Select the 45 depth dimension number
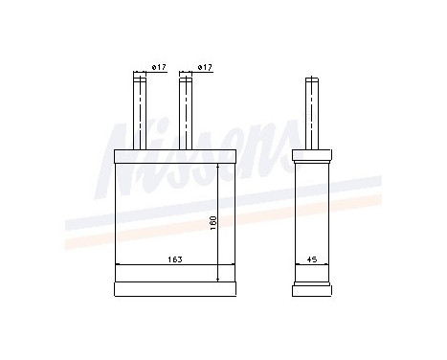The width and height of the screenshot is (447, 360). (312, 258)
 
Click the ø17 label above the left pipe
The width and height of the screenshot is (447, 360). (160, 67)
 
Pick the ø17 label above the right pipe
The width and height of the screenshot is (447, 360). (204, 67)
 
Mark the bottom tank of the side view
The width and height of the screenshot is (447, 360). (312, 286)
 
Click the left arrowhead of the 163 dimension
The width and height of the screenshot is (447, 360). (118, 264)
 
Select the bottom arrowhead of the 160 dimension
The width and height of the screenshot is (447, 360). (220, 279)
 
